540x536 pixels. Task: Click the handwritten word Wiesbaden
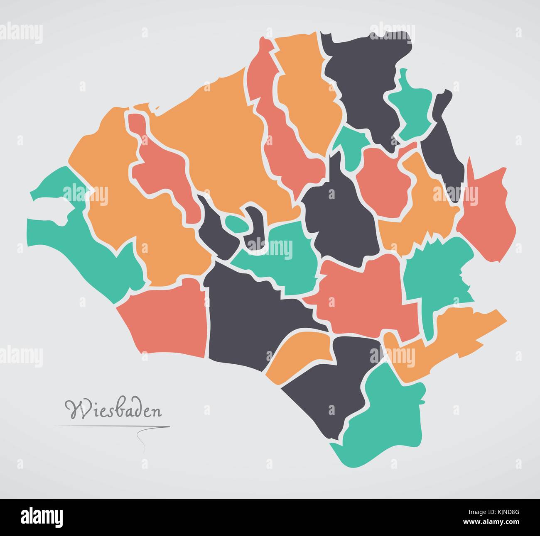tap(113, 409)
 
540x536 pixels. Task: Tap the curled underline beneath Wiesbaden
tap(141, 440)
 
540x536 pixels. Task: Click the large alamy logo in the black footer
tap(42, 517)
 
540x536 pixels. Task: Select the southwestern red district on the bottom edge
tap(166, 319)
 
